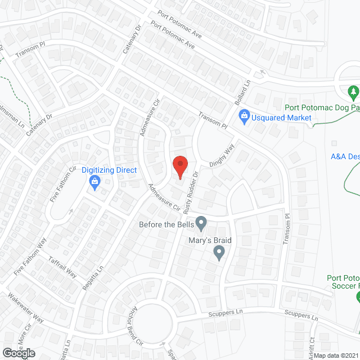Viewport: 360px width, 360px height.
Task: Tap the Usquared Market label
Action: [282, 118]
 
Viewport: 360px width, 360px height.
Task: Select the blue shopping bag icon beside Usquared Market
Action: [244, 118]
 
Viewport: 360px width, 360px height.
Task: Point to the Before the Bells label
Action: [166, 225]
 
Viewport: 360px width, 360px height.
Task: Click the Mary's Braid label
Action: [210, 240]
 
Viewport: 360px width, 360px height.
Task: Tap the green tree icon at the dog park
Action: [353, 91]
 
